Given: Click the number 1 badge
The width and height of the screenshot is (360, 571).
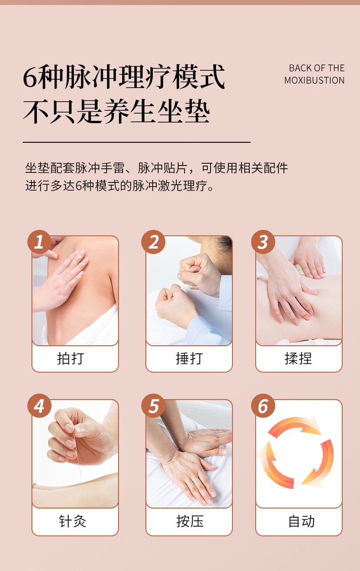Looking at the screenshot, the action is (40, 242).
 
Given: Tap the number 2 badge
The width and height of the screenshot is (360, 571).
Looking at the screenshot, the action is (154, 242).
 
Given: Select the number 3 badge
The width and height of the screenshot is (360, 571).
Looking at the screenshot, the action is (263, 242).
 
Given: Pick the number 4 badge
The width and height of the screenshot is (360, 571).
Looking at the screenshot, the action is (40, 405).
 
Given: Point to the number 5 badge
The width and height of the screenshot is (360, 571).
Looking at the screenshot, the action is (154, 405).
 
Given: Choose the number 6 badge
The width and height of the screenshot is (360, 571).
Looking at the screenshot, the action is (263, 405).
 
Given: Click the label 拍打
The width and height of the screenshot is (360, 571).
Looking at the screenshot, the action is (71, 358).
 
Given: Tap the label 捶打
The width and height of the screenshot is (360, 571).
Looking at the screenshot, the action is (189, 358).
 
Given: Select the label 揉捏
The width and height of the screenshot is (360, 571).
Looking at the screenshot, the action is (298, 358).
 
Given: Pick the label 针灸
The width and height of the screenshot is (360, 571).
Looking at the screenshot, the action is (72, 521).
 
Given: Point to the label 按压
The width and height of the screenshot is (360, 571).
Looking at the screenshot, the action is (190, 521).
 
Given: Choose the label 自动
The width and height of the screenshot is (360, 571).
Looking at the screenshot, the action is (301, 521).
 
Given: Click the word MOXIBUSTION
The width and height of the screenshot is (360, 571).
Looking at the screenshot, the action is (314, 80).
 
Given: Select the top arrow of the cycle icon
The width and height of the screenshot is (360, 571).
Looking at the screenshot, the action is (296, 425).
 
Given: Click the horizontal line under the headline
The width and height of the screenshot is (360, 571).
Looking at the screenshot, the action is (137, 142).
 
